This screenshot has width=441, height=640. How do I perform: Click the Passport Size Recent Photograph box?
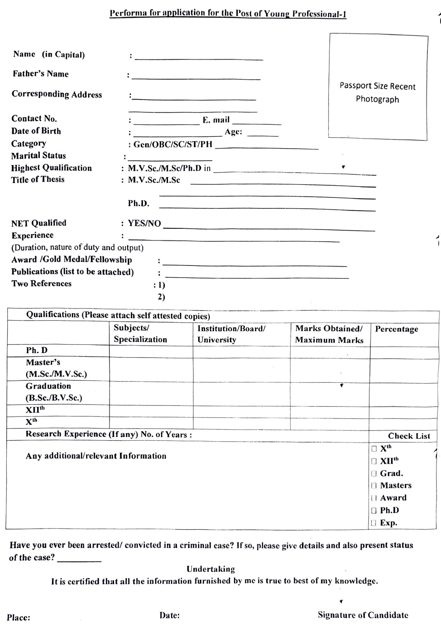(x=378, y=87)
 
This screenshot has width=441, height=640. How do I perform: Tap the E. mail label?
(x=216, y=120)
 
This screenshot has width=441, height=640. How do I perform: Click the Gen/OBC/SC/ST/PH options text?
(x=173, y=144)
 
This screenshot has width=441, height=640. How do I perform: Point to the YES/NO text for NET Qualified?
(x=145, y=223)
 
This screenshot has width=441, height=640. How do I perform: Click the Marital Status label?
(x=38, y=156)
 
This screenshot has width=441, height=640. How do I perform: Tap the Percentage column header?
(x=396, y=329)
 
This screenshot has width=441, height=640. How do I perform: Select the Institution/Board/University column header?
(x=231, y=334)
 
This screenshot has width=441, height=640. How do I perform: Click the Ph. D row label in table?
(x=37, y=350)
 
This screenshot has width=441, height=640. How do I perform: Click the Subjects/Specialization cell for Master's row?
(x=151, y=369)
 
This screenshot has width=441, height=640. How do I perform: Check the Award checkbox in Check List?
(x=374, y=498)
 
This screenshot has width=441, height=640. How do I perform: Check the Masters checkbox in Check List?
(x=374, y=486)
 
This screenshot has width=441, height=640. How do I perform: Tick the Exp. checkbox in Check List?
(x=374, y=523)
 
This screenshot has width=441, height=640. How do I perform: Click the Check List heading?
(x=409, y=436)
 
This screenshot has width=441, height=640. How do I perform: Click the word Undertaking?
(x=211, y=569)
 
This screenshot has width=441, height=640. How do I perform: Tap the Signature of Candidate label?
(x=363, y=615)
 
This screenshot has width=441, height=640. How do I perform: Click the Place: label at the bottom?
(x=18, y=618)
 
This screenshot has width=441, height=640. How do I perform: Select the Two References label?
(x=41, y=283)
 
